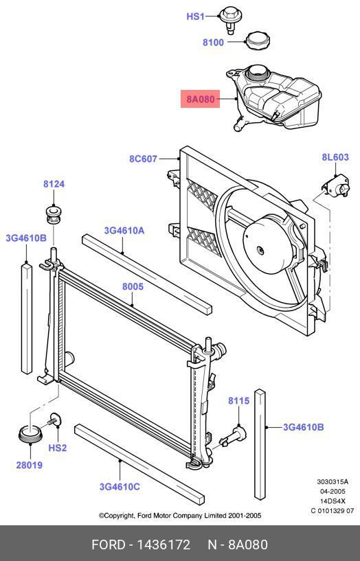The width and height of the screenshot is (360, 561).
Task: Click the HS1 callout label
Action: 195,16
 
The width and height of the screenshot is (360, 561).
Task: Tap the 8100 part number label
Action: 213,42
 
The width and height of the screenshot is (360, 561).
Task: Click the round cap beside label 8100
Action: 258,41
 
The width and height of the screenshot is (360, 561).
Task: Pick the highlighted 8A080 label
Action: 201,99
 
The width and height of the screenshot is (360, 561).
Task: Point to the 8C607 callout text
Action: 143,159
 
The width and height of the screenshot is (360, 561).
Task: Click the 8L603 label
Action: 335,157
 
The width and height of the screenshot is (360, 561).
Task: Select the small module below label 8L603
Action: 335,185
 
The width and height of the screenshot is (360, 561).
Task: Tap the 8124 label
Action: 54,184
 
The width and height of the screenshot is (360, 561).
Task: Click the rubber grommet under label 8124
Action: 54,214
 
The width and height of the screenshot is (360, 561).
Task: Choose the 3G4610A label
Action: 124,231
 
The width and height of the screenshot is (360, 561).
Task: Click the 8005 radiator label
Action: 133,286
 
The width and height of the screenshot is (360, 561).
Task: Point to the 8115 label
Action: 238,401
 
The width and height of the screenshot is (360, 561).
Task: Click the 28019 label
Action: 30,465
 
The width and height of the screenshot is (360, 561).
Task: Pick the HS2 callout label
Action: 58,448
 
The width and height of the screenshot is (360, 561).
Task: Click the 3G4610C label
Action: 120,487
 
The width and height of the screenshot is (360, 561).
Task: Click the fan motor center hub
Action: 261,251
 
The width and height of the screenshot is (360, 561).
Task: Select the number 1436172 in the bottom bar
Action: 164,545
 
